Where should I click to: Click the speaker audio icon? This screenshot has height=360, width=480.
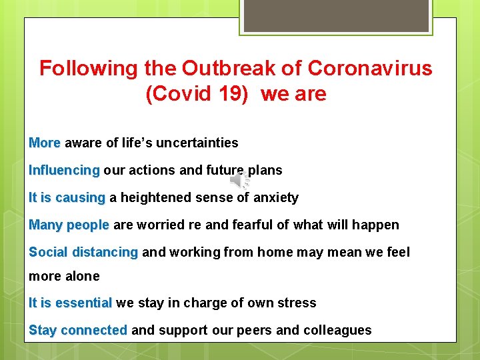pyautogui.click(x=239, y=181)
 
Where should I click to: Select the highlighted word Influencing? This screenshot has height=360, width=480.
pyautogui.click(x=64, y=170)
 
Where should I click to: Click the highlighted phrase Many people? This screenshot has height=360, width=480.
pyautogui.click(x=69, y=225)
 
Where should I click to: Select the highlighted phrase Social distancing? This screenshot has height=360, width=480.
pyautogui.click(x=83, y=252)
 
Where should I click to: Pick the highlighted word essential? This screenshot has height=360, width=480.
pyautogui.click(x=83, y=303)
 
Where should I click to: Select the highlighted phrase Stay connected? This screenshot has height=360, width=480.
pyautogui.click(x=78, y=330)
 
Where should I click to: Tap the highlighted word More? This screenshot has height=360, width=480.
pyautogui.click(x=45, y=143)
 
